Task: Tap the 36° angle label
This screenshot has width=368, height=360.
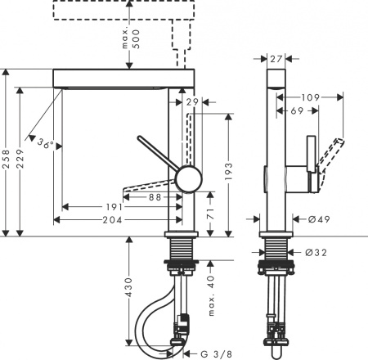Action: [47, 145]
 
